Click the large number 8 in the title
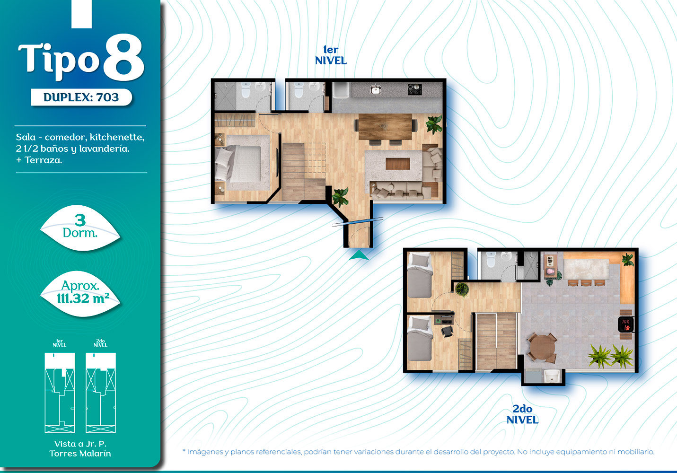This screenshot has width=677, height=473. click(123, 57)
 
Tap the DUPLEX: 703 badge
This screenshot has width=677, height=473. click(81, 97)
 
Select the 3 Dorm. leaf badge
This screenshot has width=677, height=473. click(80, 228)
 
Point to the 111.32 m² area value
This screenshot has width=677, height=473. click(83, 298)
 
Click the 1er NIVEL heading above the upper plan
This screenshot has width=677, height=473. click(331, 55)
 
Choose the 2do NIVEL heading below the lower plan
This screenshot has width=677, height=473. click(522, 414)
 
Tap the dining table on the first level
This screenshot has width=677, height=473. click(385, 127)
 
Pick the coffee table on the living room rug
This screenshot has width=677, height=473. click(398, 164)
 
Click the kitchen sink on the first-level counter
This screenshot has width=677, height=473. click(376, 89)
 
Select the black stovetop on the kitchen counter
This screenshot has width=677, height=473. click(414, 89)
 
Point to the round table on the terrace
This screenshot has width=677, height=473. click(543, 347)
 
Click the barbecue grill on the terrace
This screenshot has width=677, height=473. click(625, 324)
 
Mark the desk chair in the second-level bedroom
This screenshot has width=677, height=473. click(447, 331)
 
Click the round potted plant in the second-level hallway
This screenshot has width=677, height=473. click(462, 289)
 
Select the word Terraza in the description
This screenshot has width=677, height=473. click(43, 160)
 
